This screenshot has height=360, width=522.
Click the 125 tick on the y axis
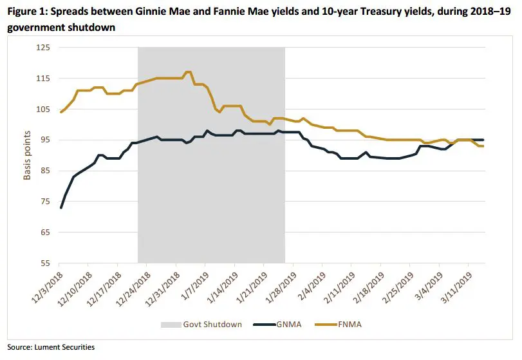44,48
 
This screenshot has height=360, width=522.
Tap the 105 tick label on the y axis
44,109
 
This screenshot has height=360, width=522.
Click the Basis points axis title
28,156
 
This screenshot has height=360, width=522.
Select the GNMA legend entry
297,324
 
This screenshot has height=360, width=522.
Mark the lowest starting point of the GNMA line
61,207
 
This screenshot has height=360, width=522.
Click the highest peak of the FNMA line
188,72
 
